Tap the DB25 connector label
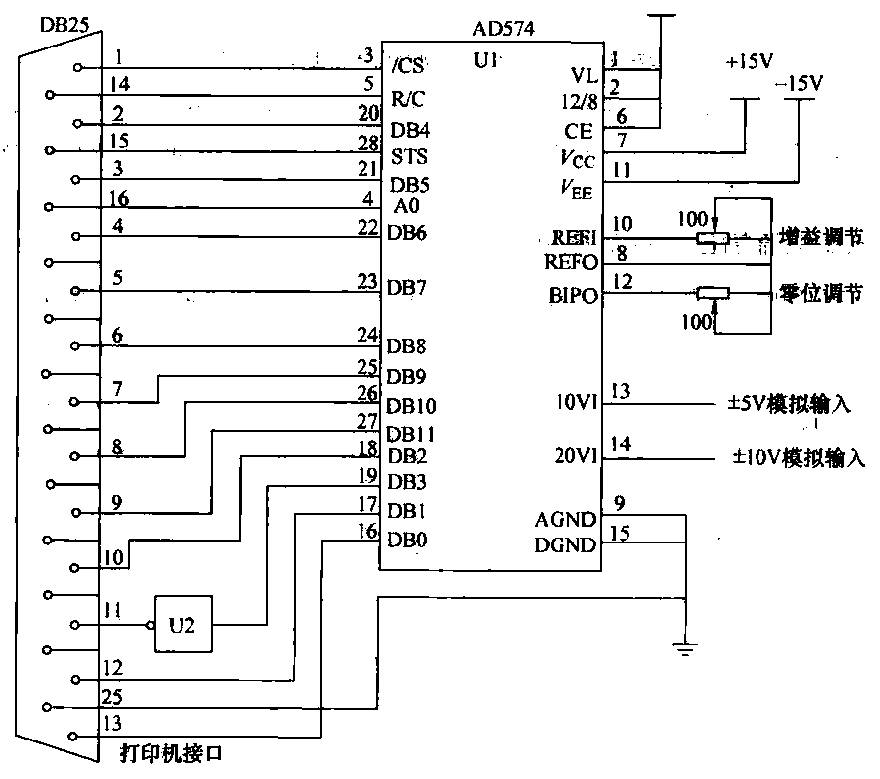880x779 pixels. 62,21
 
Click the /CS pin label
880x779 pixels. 407,67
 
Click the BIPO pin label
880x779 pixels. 574,296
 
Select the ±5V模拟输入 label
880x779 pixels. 790,405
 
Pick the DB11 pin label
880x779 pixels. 411,434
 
